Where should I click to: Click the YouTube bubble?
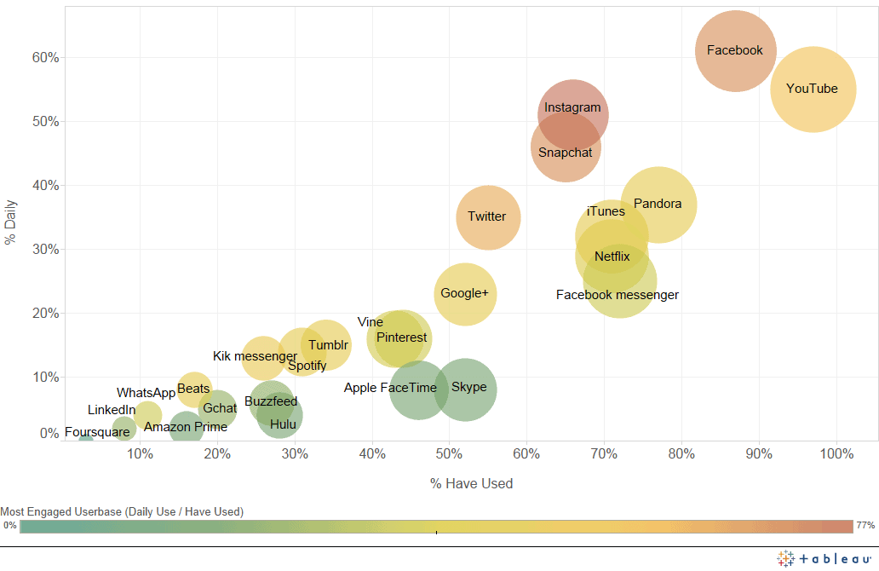pos(813,89)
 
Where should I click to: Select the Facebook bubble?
pos(735,50)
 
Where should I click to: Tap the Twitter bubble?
pos(487,216)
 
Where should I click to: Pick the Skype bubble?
pos(465,389)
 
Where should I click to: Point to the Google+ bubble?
pos(464,294)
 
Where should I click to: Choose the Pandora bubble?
pos(658,205)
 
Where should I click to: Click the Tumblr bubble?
pos(326,344)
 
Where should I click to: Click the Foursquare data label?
pos(97,432)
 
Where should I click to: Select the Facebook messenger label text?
pos(618,295)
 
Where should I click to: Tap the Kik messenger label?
pos(255,356)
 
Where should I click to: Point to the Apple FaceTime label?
pos(390,388)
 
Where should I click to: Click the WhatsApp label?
pos(146,393)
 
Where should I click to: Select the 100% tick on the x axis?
pos(836,453)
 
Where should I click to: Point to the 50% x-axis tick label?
pos(449,453)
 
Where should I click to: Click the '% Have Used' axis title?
pos(471,484)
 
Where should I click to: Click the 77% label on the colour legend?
pos(866,526)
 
